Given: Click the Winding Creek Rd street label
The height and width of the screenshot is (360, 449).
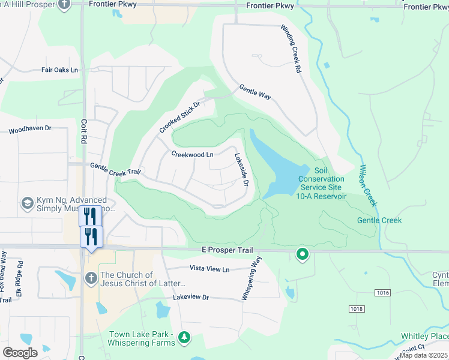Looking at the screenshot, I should (289, 49).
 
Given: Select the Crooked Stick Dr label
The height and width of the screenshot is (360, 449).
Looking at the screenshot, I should (179, 117).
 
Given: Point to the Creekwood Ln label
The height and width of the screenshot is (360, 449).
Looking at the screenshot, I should (192, 154).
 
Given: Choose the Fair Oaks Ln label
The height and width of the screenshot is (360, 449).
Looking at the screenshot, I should (59, 70).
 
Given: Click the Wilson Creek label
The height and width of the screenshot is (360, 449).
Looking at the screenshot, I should (368, 186).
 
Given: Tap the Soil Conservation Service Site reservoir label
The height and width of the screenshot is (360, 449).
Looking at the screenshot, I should (322, 183).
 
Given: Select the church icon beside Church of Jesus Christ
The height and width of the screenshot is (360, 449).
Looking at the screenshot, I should (91, 278).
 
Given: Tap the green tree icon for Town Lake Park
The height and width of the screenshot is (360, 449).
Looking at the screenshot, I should (184, 339).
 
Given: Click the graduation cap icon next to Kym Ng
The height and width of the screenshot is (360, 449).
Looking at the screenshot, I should (27, 203).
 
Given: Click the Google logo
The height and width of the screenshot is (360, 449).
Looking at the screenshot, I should (20, 353).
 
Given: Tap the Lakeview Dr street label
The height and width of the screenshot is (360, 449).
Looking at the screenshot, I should (190, 297).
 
